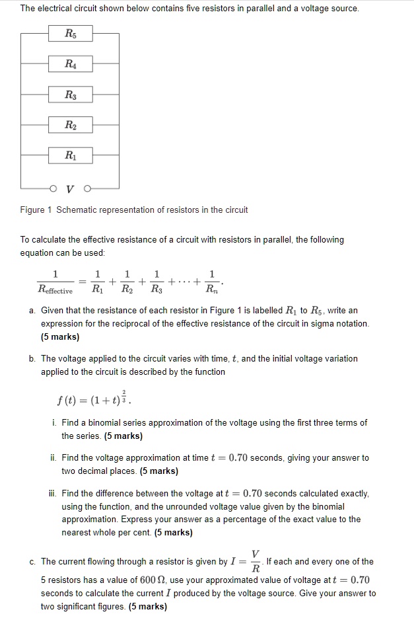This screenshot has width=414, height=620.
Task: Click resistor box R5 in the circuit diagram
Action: (70, 33)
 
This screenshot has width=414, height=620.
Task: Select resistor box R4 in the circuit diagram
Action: (70, 64)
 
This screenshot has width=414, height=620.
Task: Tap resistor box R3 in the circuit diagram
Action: (70, 95)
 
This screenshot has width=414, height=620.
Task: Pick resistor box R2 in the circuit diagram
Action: (70, 126)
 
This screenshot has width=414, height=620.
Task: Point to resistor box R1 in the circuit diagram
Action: (70, 157)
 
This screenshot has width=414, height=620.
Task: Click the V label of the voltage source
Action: (70, 188)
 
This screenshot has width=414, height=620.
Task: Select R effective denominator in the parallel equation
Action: (55, 290)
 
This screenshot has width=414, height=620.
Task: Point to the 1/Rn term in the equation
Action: (211, 282)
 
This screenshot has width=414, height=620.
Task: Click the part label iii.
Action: (54, 494)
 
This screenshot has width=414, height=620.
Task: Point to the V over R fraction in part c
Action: (256, 562)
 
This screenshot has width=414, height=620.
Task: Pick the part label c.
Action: (32, 562)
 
